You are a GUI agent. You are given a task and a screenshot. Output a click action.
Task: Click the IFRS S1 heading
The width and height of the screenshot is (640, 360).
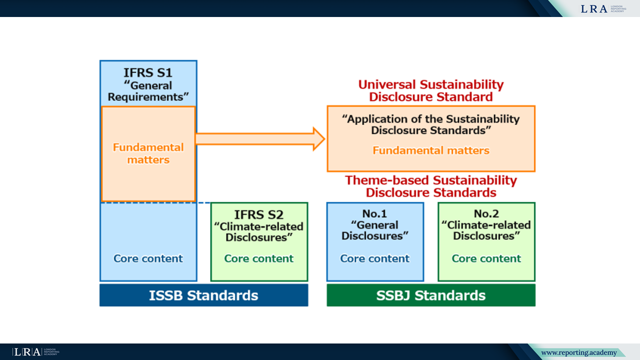coord(148,72)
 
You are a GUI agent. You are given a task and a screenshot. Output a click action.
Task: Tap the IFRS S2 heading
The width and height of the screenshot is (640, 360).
coord(259,214)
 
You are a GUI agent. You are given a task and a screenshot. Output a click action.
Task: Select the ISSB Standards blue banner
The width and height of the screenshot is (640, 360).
coord(203,295)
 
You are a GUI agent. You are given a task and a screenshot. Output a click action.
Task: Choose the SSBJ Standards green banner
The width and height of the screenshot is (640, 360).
coord(431,295)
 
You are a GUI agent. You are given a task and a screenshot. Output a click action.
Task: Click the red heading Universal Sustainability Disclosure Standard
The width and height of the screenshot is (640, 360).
coord(431,90)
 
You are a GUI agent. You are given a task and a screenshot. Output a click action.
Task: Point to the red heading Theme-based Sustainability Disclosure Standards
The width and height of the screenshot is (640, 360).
coord(431,186)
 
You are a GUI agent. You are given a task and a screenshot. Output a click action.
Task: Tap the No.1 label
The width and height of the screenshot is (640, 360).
coord(375,214)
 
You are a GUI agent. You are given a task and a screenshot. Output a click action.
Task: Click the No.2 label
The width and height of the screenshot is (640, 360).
coord(486,214)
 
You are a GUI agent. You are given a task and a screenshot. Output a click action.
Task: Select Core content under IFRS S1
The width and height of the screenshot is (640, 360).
coord(148,258)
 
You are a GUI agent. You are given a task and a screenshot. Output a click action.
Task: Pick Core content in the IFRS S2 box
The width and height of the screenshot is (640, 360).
coord(259,258)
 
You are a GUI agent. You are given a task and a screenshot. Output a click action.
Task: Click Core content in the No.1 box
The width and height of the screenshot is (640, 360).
coord(375,258)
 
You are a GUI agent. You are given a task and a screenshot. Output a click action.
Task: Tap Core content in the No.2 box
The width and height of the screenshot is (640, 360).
coord(486,258)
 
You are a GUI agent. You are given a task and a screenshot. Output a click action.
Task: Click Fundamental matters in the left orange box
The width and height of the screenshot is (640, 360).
coord(148,153)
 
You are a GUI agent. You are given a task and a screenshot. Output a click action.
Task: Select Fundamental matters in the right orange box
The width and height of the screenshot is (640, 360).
coord(431,150)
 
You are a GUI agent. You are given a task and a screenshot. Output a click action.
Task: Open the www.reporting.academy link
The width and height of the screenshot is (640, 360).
coord(579,353)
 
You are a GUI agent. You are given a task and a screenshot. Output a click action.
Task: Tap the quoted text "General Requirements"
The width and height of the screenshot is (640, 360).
coord(148,91)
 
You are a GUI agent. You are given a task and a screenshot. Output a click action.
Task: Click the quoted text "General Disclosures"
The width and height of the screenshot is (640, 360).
coord(375,230)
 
